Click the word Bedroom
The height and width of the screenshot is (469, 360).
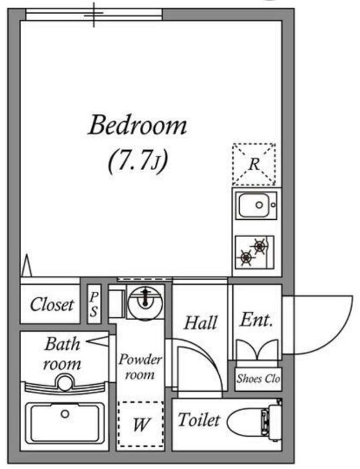138,124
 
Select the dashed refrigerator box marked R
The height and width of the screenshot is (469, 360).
254,164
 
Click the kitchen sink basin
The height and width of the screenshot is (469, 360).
256,205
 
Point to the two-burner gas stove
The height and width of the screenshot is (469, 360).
254,252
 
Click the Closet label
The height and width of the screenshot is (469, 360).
52,304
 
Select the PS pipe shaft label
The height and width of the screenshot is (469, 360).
94,304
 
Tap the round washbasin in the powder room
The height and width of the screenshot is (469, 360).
145,303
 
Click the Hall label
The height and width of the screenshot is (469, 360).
201,323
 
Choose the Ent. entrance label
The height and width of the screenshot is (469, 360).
256,319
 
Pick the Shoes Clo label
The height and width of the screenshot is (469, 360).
258,379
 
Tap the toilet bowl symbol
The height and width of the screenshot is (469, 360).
254,421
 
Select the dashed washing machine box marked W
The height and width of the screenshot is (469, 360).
141,424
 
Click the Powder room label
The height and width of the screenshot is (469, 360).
140,367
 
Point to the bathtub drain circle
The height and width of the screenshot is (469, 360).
65,414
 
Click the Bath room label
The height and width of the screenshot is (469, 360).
62,354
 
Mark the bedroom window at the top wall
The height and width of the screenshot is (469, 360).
94,14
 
